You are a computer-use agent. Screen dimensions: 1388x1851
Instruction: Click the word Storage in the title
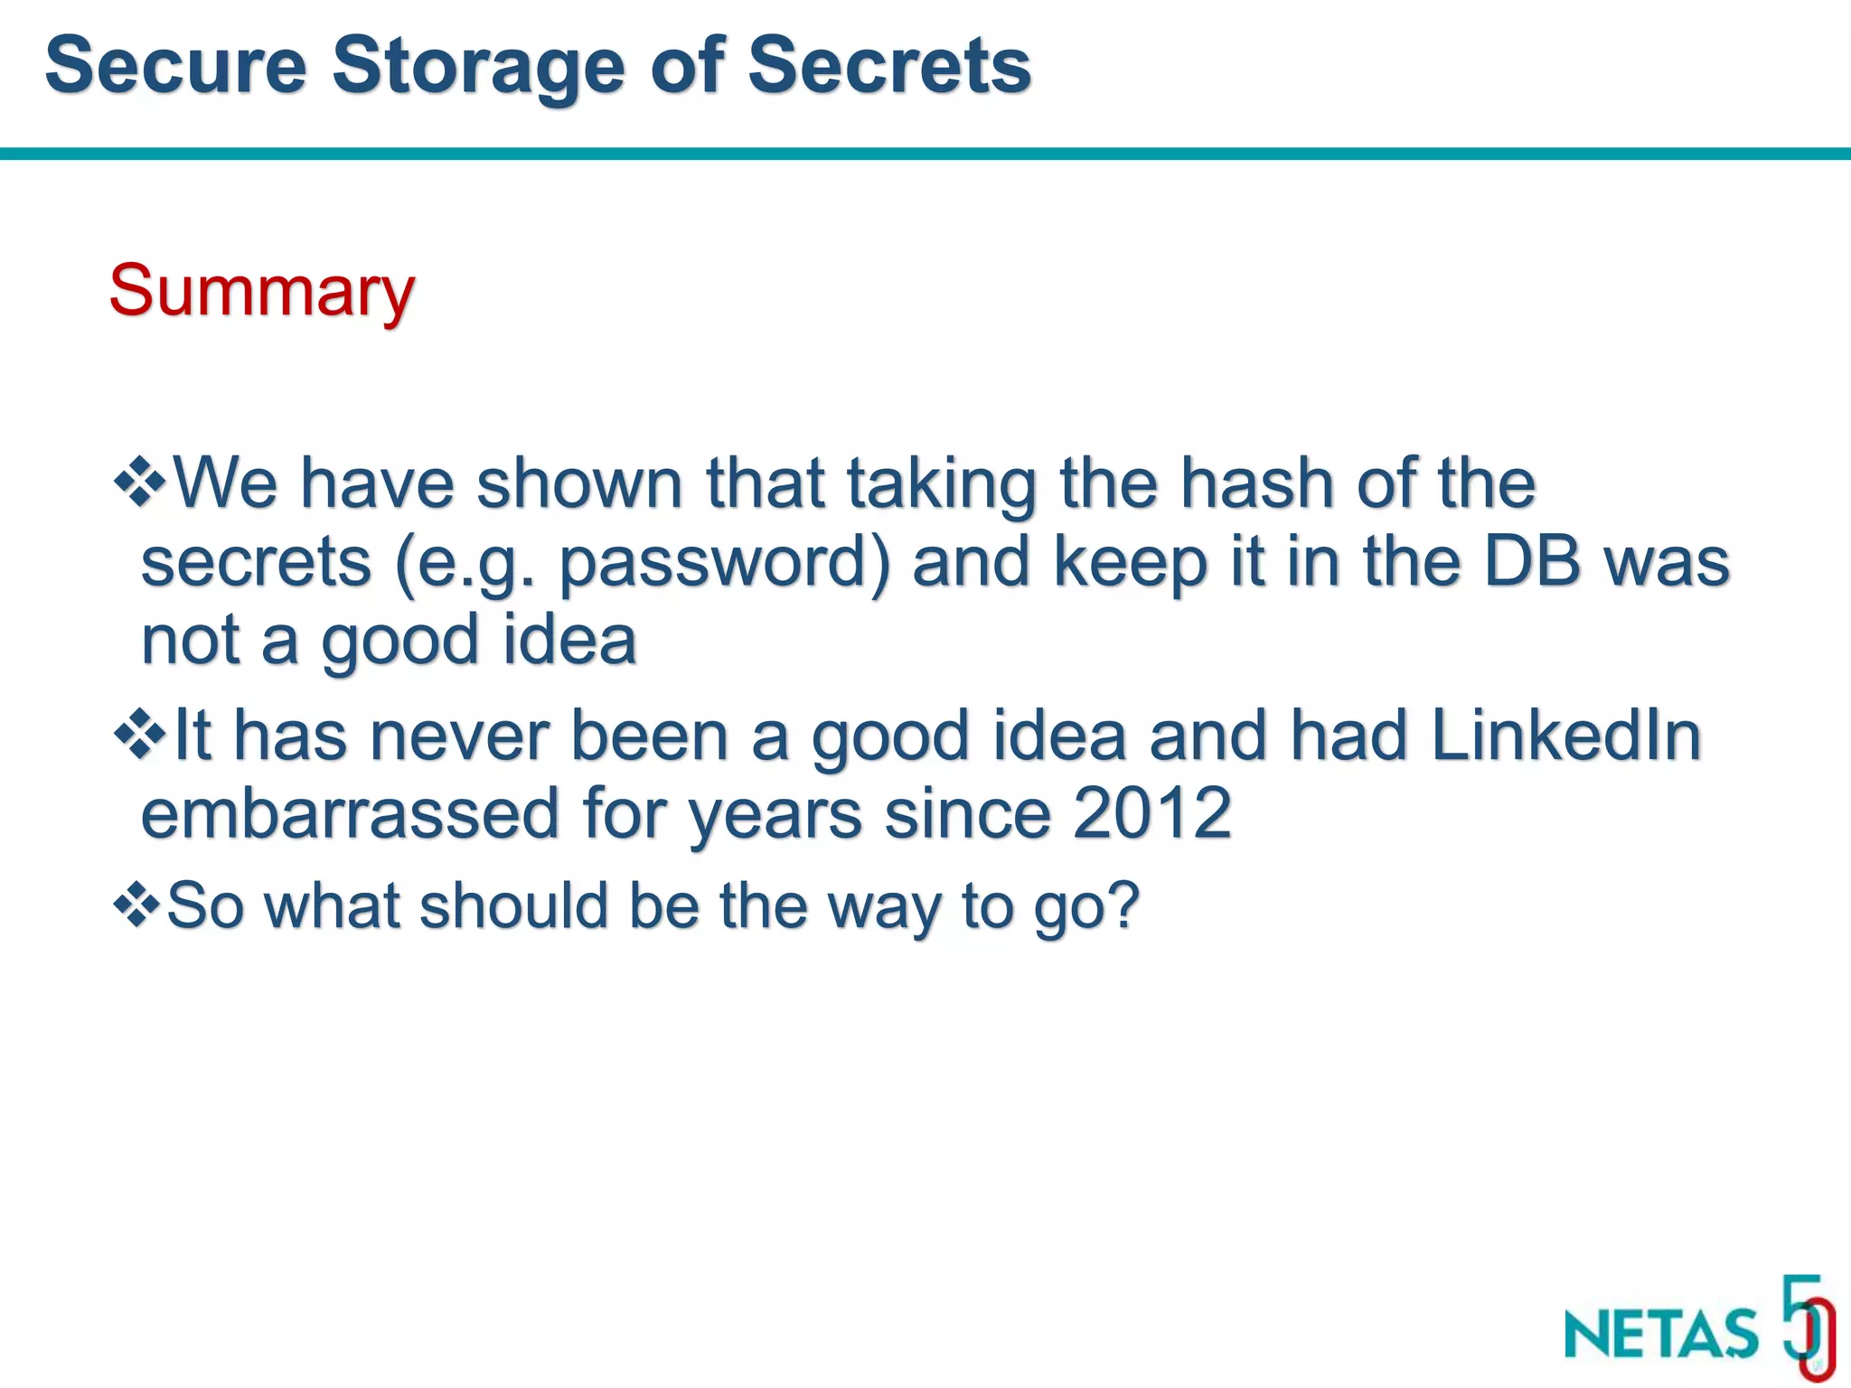click(x=478, y=67)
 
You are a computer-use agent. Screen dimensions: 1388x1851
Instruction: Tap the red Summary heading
click(x=262, y=291)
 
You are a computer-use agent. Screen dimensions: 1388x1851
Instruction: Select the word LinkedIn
click(x=1565, y=735)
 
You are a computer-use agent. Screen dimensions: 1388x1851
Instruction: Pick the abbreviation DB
click(x=1532, y=561)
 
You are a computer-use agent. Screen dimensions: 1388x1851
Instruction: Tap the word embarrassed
click(x=350, y=812)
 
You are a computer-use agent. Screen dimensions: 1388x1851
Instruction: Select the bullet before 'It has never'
click(x=139, y=734)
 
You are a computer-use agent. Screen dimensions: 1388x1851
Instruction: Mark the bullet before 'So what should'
click(x=137, y=905)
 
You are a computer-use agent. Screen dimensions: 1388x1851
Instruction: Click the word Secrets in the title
click(x=889, y=65)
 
